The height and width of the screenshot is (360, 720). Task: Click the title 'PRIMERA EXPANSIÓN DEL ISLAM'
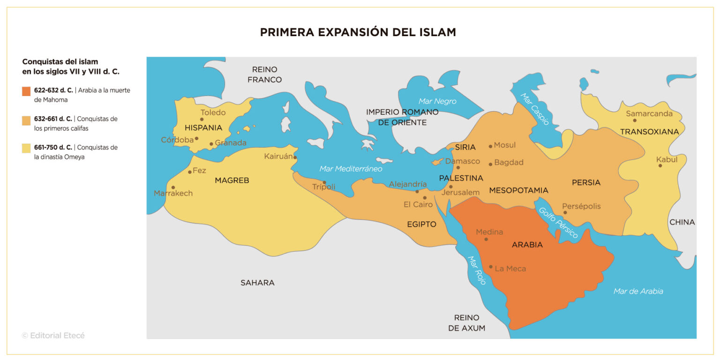tap(358, 32)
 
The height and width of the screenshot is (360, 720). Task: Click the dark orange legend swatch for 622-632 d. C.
tap(26, 91)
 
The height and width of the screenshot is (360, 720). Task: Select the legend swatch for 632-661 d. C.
tap(26, 120)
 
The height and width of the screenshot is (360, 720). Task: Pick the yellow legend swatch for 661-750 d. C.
tap(26, 148)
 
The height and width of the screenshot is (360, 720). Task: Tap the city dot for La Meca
tap(491, 267)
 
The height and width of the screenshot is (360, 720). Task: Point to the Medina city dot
tap(486, 239)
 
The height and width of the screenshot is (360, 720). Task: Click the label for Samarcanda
tap(649, 113)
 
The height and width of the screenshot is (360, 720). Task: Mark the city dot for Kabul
tap(660, 165)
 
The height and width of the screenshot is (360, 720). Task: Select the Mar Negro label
tap(437, 101)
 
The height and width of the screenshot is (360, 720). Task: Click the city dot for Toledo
tap(202, 119)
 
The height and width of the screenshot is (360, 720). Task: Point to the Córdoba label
tap(177, 140)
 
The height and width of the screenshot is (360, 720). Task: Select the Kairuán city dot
tap(295, 157)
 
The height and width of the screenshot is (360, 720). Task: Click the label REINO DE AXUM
tap(466, 323)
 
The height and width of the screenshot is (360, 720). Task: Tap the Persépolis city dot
tap(565, 212)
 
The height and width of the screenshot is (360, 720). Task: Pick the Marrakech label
tap(173, 193)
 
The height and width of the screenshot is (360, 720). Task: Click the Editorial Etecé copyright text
tap(53, 336)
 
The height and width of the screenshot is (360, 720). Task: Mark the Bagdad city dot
tap(490, 164)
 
